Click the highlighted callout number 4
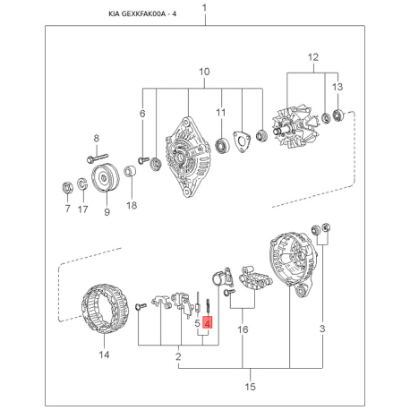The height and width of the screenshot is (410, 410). coord(207,322)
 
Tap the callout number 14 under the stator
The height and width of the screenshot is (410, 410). coord(104,354)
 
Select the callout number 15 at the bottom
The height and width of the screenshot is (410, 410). coord(251,387)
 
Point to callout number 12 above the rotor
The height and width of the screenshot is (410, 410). coord(313,57)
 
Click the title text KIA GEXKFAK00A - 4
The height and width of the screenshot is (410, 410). coord(142,14)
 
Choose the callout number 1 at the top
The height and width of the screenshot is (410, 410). coord(205,8)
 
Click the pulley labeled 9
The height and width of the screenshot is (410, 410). coord(105,178)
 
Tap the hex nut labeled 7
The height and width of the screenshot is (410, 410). coord(68,188)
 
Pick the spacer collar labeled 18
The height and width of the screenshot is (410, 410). coord(131,171)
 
